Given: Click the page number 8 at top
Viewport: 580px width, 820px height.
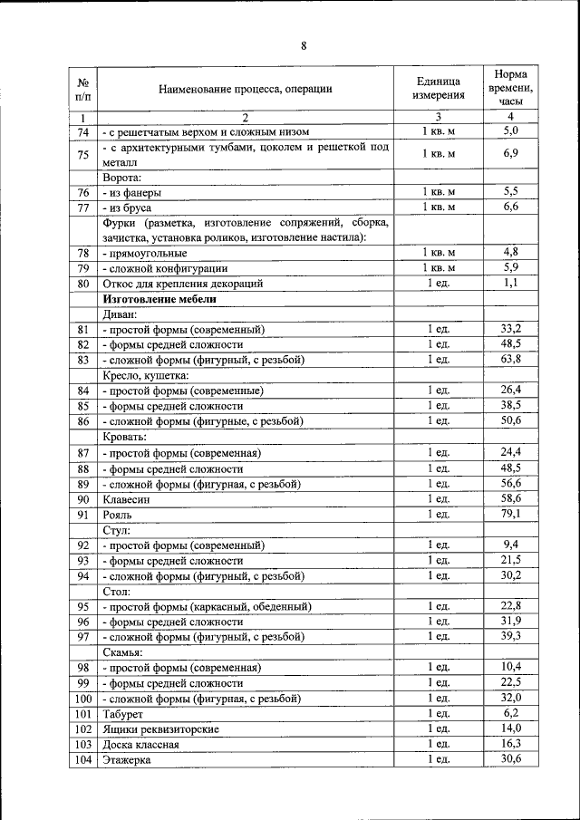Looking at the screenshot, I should (304, 47).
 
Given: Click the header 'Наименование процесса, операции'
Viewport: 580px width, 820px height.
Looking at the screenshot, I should (245, 89).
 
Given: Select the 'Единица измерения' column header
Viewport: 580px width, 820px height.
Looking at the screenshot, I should (439, 88).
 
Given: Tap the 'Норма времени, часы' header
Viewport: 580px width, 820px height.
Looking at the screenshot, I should (511, 88).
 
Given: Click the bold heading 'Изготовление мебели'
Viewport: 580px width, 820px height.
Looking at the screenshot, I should (159, 298).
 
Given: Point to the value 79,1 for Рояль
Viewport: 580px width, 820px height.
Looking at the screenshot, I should (511, 514).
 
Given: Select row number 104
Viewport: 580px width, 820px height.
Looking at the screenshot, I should (83, 759).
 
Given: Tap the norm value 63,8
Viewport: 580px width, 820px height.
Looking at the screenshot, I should (511, 360).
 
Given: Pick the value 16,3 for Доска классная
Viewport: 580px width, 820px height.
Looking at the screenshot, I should (511, 744).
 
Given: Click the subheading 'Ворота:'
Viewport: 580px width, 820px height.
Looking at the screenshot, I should (123, 177).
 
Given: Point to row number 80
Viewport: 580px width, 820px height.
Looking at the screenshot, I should (83, 284).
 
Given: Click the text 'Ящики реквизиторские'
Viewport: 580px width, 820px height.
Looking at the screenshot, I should (160, 729).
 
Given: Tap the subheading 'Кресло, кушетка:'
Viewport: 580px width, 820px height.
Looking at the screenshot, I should (146, 375).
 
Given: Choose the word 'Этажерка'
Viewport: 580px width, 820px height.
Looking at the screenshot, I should (127, 760).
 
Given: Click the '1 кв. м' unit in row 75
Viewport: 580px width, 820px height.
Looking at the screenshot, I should (439, 154).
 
